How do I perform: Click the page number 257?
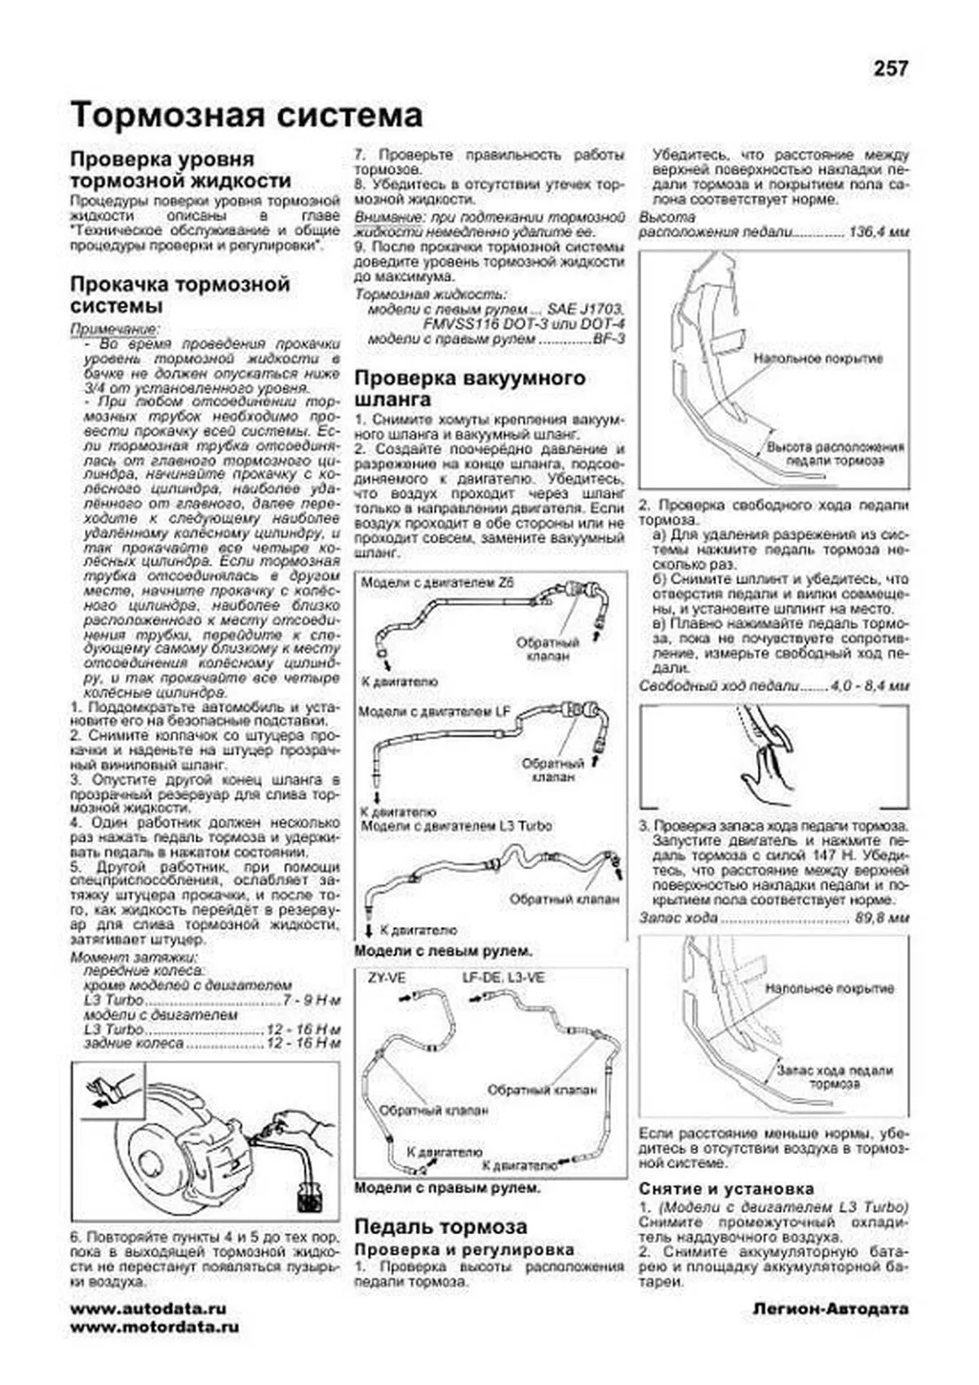(x=890, y=69)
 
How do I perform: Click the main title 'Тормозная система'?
(x=246, y=116)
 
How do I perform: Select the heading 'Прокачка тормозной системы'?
(x=179, y=295)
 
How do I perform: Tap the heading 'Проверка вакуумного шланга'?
(x=470, y=389)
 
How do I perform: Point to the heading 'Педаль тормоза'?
(x=440, y=1227)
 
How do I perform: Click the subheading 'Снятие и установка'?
(x=726, y=1189)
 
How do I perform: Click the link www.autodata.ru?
(x=148, y=1309)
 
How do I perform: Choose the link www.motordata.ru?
(x=155, y=1327)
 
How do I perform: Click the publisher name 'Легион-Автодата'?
(x=830, y=1310)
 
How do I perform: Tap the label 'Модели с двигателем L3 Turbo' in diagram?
(x=456, y=826)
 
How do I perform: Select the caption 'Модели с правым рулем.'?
(x=447, y=1188)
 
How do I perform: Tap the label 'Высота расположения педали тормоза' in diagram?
(x=835, y=455)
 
